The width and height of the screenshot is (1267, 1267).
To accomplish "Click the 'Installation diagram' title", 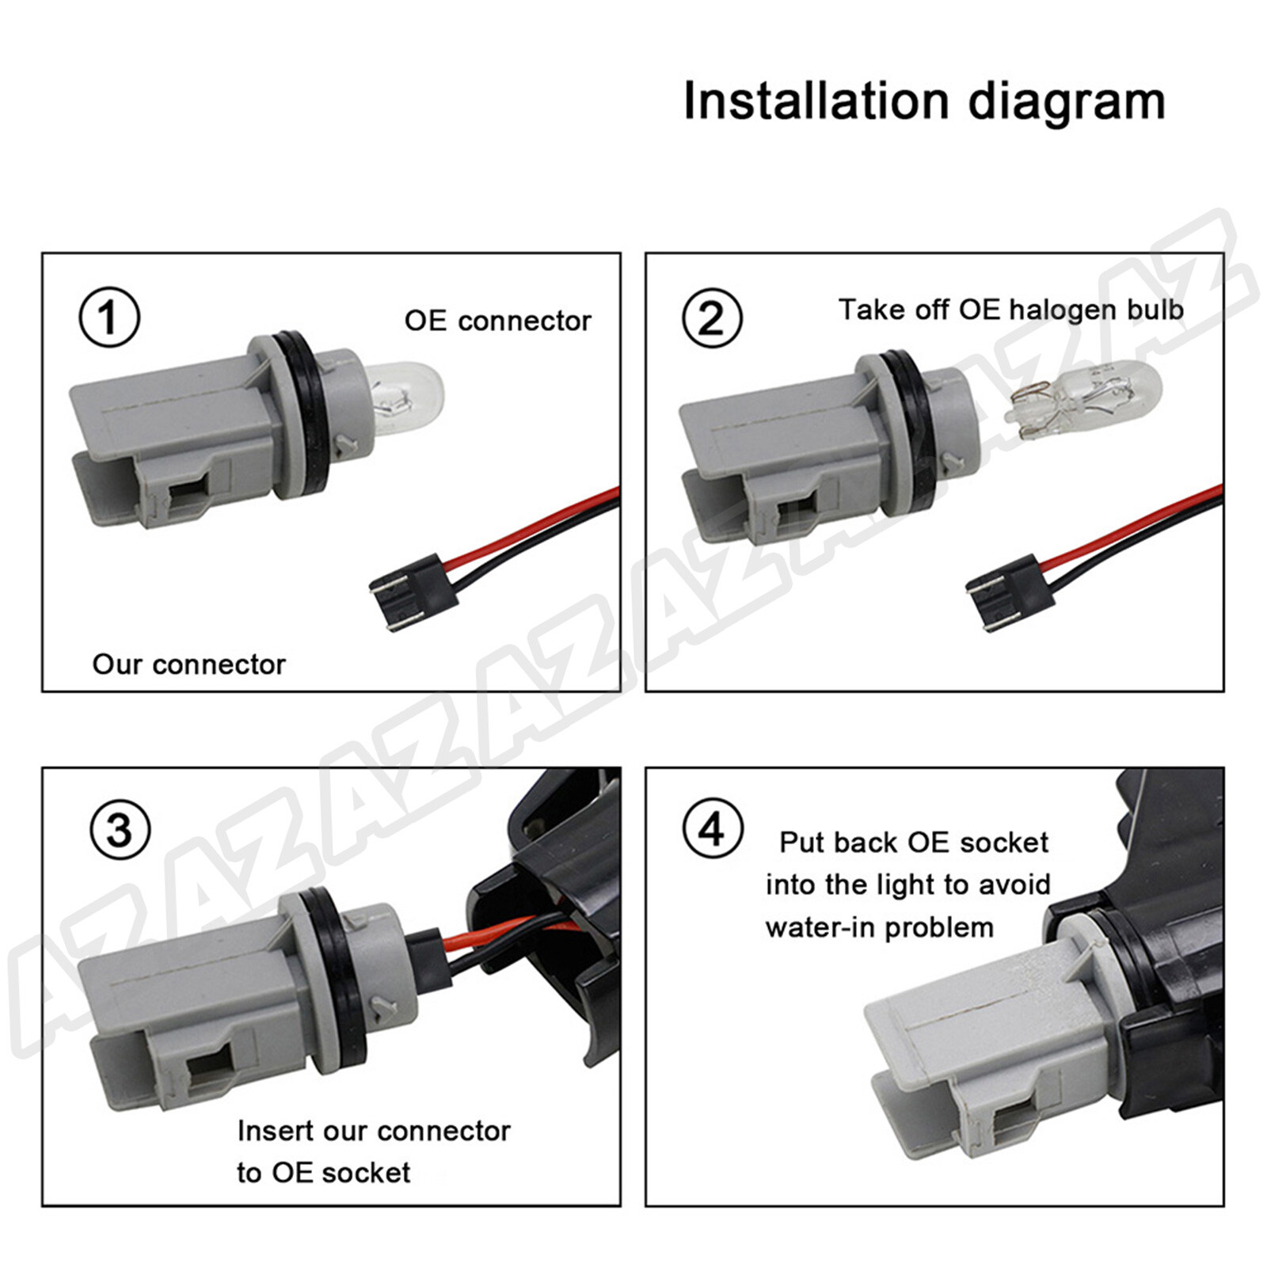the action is coord(924,102).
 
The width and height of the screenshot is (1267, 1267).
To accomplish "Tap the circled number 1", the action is coord(109,318).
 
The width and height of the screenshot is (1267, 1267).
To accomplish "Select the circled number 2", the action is coord(712,318).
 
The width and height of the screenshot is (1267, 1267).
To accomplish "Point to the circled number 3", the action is coord(120,831).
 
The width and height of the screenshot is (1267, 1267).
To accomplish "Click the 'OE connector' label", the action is coord(497,321).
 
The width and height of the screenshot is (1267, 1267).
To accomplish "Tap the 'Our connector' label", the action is coord(188,664).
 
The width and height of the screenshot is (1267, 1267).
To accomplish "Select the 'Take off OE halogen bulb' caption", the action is coord(1011,310).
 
